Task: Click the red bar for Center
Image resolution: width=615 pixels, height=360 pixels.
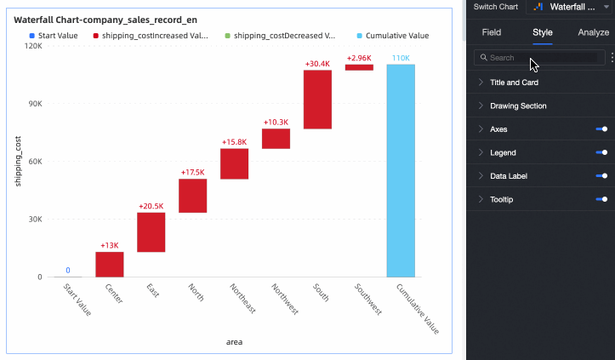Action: click(110, 264)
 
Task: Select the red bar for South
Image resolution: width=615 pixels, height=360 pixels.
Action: click(317, 99)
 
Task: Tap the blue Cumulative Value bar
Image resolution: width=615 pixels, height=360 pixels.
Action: click(400, 170)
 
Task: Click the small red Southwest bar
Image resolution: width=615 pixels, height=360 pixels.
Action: click(359, 67)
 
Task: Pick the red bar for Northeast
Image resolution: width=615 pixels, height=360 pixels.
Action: click(234, 163)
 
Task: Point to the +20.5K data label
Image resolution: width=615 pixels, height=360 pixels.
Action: click(151, 206)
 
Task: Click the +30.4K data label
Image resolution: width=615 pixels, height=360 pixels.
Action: click(317, 64)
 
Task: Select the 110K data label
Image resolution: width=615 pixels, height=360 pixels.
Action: click(401, 58)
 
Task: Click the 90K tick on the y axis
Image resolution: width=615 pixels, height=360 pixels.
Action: click(34, 104)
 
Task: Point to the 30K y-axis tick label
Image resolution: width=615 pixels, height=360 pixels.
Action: click(34, 219)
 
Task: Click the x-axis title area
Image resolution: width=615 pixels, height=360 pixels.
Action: click(234, 342)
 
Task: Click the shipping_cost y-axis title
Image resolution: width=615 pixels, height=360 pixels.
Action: click(18, 162)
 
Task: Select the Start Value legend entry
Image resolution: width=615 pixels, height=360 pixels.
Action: click(53, 37)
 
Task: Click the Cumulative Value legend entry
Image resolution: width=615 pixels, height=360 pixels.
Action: click(392, 37)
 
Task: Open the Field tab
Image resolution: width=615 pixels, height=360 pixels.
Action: click(492, 32)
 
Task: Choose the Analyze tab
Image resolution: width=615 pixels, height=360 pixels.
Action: click(593, 32)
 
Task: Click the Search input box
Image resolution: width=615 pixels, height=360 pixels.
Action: click(538, 58)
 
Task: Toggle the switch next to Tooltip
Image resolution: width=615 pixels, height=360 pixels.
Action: click(601, 199)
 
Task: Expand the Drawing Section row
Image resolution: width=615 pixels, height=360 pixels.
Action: click(518, 106)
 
